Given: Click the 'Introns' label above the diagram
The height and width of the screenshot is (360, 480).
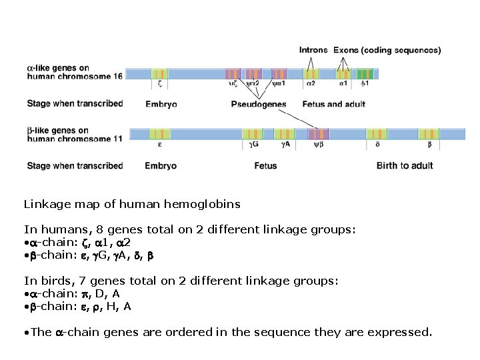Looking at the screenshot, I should pos(313,50).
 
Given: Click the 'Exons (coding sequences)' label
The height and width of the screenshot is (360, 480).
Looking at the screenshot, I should pos(387,50).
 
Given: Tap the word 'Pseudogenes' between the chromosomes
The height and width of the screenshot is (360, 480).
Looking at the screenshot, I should pos(259,104).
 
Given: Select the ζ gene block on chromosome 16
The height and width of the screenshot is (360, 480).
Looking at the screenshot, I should pos(159,74).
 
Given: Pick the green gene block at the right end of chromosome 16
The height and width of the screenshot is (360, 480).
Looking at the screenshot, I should pos(364,74).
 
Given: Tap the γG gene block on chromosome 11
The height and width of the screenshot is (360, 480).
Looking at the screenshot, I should pos(253,134).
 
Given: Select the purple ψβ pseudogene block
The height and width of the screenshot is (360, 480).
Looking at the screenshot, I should pos(319,134).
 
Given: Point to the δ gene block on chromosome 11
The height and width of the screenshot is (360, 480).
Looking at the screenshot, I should pos(377,134).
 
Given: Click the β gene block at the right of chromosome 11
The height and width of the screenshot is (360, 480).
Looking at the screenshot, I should pos(429,134).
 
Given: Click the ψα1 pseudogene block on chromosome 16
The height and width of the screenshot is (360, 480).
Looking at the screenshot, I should pos(279,74).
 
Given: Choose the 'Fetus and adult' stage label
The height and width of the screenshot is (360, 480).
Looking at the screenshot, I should pos(333,104).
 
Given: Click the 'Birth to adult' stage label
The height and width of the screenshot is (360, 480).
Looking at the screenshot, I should pos(404,165).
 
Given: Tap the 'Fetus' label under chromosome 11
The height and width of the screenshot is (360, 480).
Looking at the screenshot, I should pos(265,165).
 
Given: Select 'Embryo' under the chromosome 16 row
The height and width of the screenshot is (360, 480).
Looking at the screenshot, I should pos(161,104).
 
